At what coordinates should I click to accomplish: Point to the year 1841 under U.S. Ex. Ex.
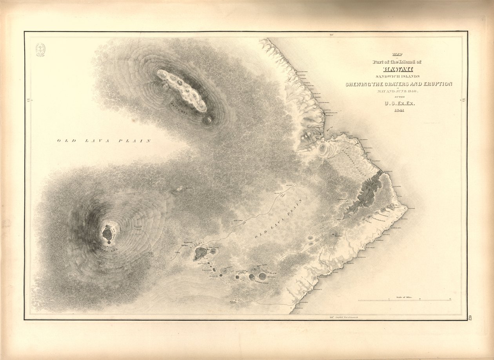pyautogui.click(x=399, y=111)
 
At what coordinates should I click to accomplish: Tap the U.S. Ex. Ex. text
pyautogui.click(x=399, y=104)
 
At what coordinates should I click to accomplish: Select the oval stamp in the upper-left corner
pyautogui.click(x=40, y=50)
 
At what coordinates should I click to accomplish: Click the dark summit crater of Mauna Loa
pyautogui.click(x=107, y=234)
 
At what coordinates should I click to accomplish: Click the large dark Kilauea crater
pyautogui.click(x=200, y=254)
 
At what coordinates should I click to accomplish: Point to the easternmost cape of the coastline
pyautogui.click(x=408, y=207)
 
